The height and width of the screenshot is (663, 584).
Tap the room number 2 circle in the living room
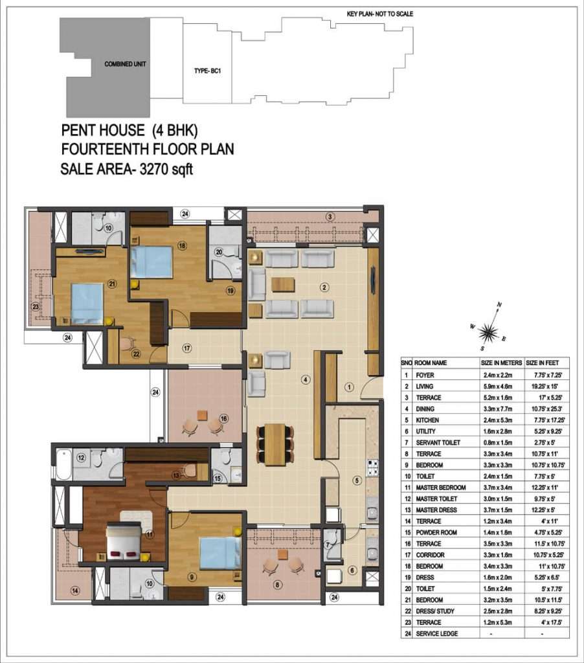coord(324,287)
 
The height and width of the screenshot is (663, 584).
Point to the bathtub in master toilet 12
coord(64,463)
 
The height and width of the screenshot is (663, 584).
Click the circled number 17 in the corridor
coord(187,348)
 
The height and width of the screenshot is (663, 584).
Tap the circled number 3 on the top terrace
coord(330,217)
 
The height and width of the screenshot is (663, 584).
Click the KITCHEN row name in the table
coord(427,420)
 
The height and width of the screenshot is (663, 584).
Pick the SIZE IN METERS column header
coord(501,363)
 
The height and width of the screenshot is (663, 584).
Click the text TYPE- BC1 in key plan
coord(207,71)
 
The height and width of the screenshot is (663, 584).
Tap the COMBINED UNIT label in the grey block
coord(125,64)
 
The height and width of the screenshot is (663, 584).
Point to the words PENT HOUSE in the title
coord(103,130)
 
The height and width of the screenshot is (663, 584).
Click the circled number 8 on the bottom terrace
coord(277,585)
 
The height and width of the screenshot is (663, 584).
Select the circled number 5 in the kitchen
coord(357,480)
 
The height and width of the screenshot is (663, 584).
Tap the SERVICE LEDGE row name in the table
coord(437,633)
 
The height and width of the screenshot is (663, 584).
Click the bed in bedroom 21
coord(87,304)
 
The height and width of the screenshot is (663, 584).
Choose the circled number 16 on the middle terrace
coord(224,419)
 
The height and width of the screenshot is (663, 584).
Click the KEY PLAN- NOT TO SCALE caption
coord(380,14)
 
